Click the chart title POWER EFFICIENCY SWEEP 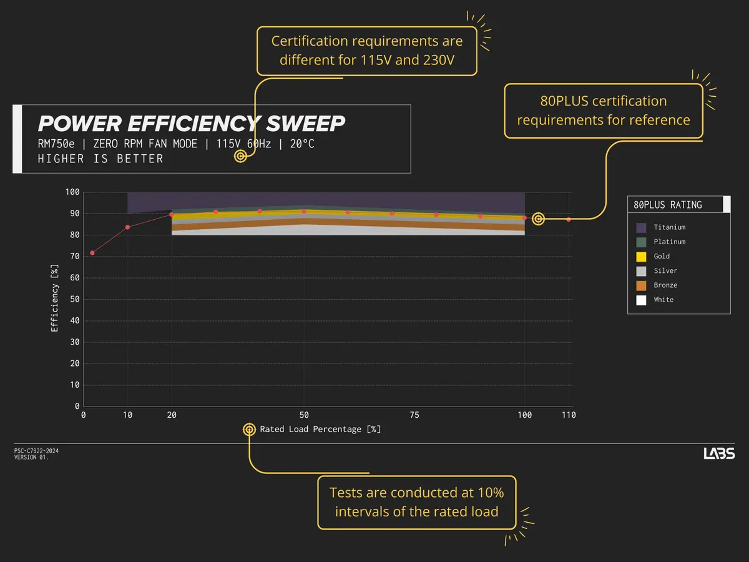coord(191,123)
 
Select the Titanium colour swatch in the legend coord(641,227)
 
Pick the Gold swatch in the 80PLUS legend coord(641,256)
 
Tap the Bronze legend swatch coord(641,285)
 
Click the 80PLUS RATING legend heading coord(667,205)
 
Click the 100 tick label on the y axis coord(72,192)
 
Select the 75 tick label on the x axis coord(414,415)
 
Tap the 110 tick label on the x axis coord(568,415)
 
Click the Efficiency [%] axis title coord(55,298)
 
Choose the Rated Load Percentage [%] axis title coord(320,430)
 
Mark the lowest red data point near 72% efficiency coord(92,253)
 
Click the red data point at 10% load coord(128,227)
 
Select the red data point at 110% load coord(569,220)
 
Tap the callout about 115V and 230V coord(367,51)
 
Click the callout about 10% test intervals coord(416,502)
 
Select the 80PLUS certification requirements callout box coord(604,110)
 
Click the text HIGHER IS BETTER coord(100,159)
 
